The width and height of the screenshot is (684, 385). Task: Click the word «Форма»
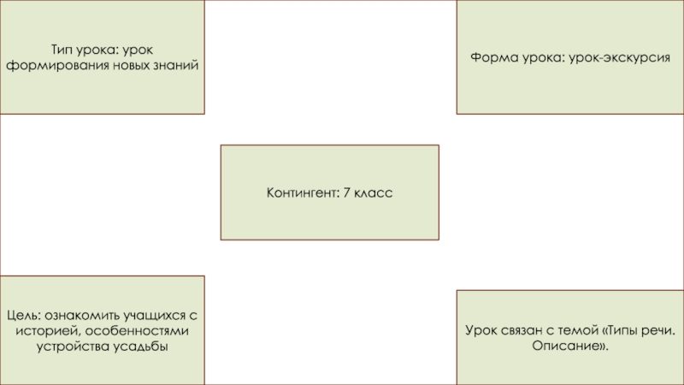coord(488,56)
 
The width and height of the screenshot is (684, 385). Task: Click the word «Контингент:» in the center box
coord(303,194)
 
